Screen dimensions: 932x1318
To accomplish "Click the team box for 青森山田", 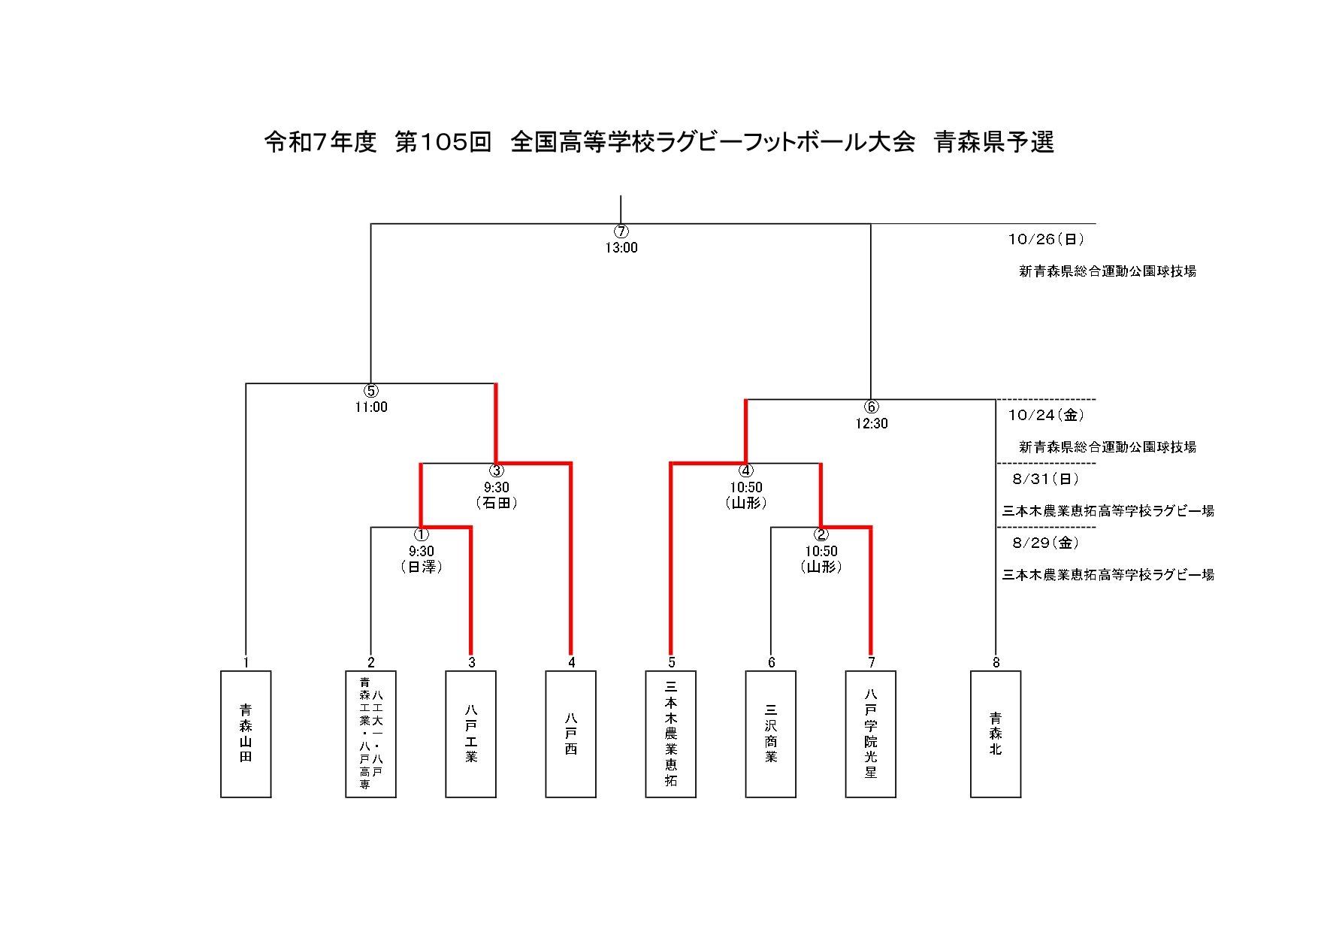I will point(246,734).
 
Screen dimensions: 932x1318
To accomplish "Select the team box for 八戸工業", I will point(471,734).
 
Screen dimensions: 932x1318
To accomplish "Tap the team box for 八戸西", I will point(571,734).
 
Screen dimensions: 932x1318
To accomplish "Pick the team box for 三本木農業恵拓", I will point(671,734).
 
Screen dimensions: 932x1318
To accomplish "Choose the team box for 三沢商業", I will point(771,734).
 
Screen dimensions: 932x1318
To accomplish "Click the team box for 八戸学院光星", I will point(871,734).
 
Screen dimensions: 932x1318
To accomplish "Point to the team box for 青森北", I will point(996,734).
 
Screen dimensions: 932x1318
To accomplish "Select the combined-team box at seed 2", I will point(370,734).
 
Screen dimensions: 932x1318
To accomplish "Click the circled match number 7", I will point(621,231).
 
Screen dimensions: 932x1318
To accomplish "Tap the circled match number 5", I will point(371,391).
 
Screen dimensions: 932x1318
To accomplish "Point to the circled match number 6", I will point(872,407).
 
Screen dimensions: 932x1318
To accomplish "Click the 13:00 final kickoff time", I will point(621,248).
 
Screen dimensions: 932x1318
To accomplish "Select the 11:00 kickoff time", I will point(371,407).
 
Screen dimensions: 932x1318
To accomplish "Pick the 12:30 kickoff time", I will point(872,424).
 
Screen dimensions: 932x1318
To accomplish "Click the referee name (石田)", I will point(497,503).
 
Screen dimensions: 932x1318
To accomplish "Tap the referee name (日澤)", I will point(422,567).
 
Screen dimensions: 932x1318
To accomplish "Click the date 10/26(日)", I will point(1046,240).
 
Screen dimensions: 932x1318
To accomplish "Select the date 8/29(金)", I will point(1046,543).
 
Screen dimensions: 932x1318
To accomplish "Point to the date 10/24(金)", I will point(1046,415).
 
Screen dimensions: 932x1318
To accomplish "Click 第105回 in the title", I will point(443,142).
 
